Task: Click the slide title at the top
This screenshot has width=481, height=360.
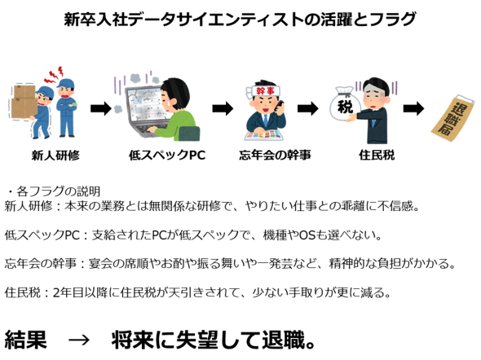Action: (240, 20)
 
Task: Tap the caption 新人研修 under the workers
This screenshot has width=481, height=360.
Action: (55, 156)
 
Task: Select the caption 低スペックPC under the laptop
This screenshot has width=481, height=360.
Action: (167, 155)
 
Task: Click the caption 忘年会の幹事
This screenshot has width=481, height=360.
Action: (275, 155)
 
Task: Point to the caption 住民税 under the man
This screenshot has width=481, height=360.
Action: (377, 155)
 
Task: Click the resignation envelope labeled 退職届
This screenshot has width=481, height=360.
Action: (452, 119)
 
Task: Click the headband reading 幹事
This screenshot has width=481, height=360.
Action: (263, 90)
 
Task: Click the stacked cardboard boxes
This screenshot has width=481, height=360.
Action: (24, 102)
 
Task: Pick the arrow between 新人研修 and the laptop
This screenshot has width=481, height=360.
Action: (101, 108)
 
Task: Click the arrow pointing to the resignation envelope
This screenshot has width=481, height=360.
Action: (414, 108)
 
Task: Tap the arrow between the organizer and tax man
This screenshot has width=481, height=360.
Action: (308, 108)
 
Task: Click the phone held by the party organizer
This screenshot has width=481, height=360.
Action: (280, 105)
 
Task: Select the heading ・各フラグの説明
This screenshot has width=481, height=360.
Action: (53, 191)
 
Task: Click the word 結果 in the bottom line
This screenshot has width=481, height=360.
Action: (26, 340)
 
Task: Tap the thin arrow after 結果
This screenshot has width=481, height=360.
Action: (79, 340)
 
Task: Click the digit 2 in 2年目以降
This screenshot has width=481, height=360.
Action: (56, 293)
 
